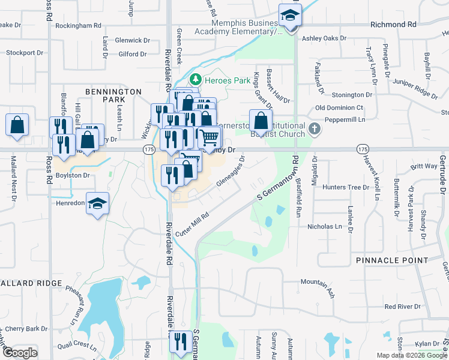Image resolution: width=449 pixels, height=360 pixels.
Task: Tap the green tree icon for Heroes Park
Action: tap(194, 79)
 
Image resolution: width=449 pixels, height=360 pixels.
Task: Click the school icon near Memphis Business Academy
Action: tap(289, 15)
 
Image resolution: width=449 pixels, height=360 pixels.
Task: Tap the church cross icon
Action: tap(314, 129)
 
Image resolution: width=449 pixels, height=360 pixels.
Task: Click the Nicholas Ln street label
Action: tap(324, 227)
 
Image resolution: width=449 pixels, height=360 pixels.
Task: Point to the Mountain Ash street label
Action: tap(318, 286)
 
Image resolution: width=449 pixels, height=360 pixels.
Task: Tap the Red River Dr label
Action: tap(403, 307)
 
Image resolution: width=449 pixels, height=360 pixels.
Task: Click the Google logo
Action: tap(19, 353)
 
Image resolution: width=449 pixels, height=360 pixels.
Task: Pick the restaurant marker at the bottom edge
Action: tap(178, 342)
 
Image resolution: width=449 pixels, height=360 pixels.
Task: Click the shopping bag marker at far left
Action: tap(17, 125)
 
